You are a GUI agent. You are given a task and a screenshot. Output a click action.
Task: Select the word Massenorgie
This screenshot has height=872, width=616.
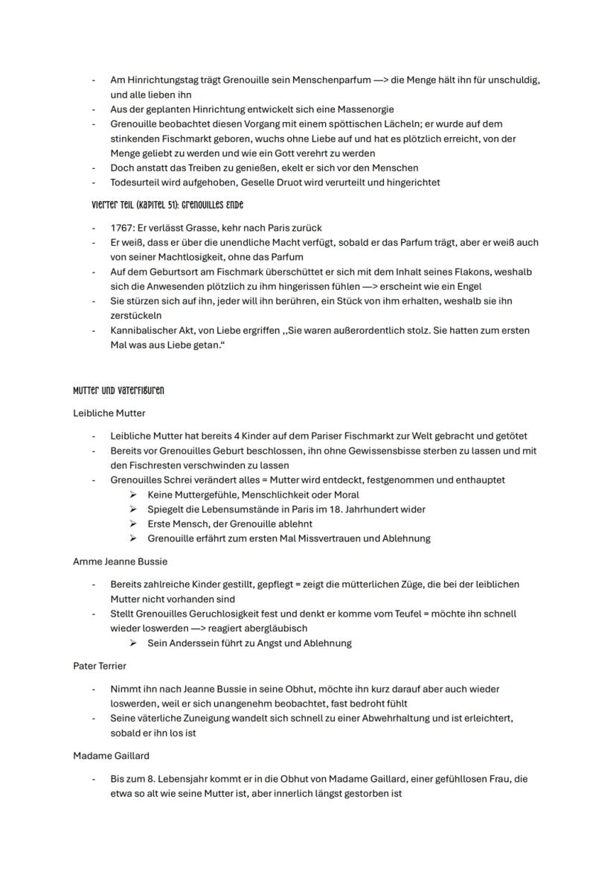tap(368, 109)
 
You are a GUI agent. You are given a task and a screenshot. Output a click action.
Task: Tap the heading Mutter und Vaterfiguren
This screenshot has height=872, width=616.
tap(118, 390)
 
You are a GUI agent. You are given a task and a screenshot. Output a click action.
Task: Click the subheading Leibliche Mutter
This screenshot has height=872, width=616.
tap(109, 413)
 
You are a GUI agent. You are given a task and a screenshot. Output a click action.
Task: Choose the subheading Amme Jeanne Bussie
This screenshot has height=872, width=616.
tap(120, 561)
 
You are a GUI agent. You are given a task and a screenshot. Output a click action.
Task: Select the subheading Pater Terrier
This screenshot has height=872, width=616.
tap(100, 665)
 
